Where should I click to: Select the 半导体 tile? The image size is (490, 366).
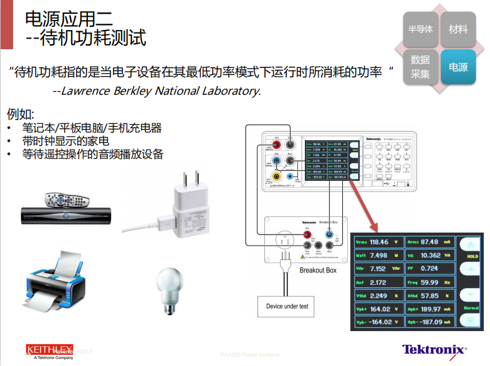click(420, 29)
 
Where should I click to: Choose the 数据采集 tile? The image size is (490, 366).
click(420, 67)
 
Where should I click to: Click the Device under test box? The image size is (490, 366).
click(287, 306)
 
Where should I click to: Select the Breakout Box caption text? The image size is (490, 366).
click(318, 270)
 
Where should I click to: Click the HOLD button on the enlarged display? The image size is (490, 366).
click(472, 256)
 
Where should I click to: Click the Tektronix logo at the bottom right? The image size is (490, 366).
click(434, 350)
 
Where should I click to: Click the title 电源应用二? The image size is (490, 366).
click(69, 17)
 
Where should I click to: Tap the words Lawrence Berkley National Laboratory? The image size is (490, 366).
click(156, 91)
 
